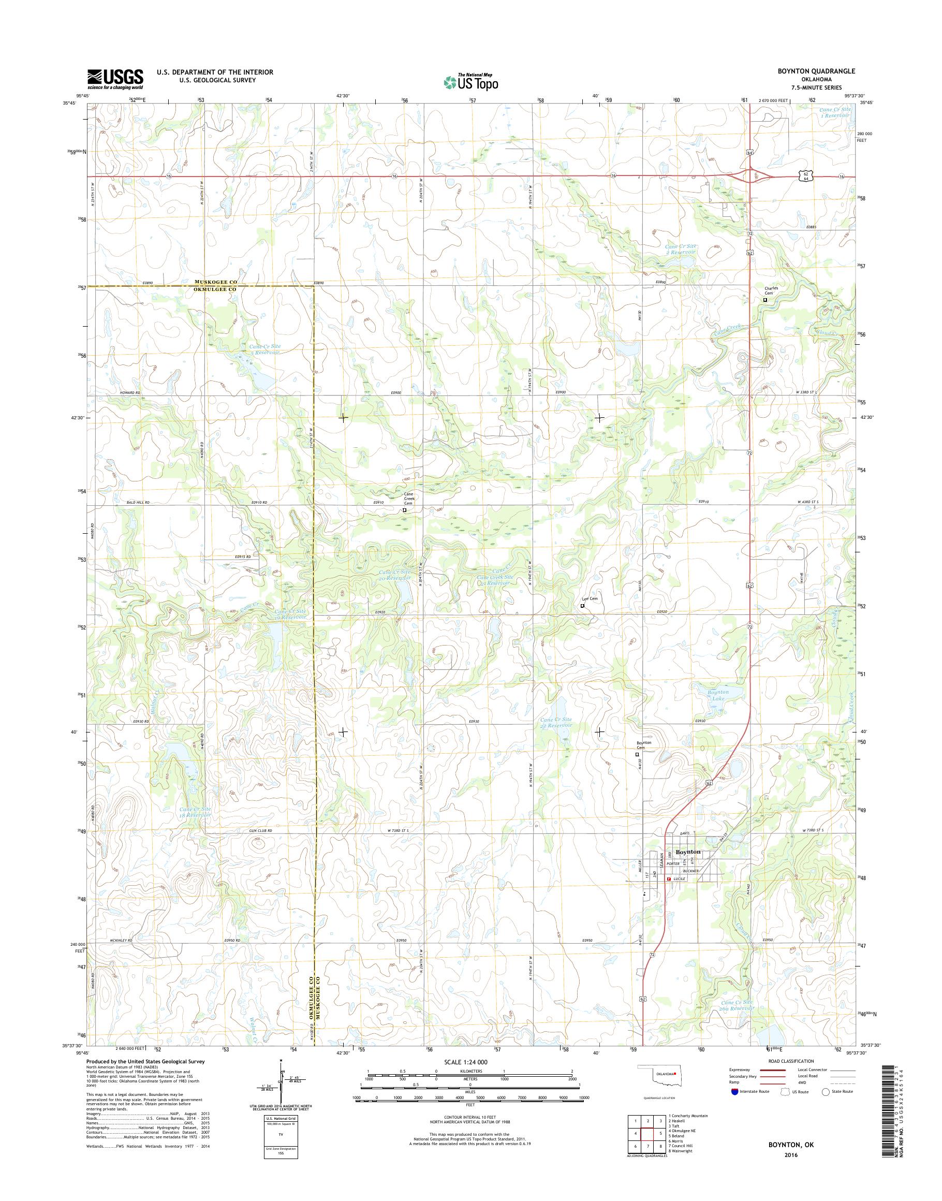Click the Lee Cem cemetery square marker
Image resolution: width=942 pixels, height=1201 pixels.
point(582,606)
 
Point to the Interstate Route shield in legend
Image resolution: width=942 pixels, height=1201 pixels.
point(734,1107)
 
